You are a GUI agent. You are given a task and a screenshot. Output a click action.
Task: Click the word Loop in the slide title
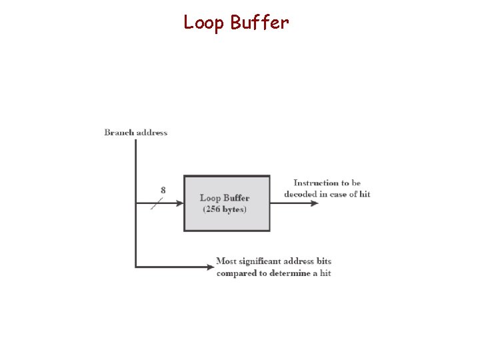click(x=205, y=23)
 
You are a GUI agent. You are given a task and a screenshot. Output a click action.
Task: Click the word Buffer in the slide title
click(x=259, y=23)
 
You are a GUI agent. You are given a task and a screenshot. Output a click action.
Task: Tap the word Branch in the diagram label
click(x=119, y=132)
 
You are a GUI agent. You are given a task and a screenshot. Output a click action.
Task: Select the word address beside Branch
click(x=152, y=132)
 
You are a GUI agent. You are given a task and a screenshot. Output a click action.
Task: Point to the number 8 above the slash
click(x=163, y=190)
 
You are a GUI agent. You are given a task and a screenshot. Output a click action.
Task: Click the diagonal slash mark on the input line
click(x=157, y=203)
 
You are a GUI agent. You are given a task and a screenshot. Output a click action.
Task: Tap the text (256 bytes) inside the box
click(x=225, y=209)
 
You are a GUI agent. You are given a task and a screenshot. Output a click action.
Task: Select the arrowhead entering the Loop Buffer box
click(x=179, y=203)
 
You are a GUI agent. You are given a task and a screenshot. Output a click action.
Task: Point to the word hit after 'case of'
click(x=364, y=194)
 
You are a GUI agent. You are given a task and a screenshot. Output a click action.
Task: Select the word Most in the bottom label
click(x=227, y=261)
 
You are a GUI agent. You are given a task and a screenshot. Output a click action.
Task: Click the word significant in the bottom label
click(x=262, y=261)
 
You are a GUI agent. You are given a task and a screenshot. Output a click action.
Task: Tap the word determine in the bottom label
click(x=289, y=273)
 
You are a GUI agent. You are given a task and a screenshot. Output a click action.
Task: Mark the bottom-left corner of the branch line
click(x=136, y=267)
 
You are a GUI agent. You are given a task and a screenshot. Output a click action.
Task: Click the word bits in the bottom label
click(x=323, y=261)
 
